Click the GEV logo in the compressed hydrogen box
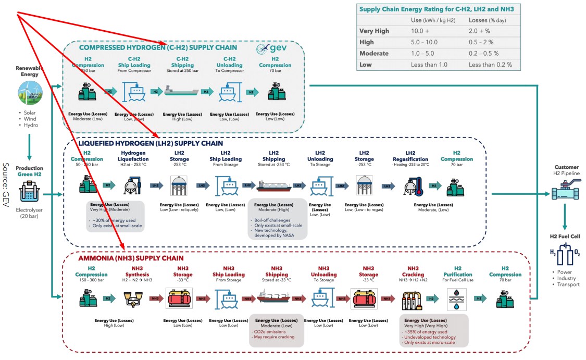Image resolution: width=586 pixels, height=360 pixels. (269, 48)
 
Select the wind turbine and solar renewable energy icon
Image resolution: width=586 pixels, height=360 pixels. (30, 93)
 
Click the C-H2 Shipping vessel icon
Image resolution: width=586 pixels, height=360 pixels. (181, 92)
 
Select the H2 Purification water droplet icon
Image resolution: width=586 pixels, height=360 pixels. (457, 299)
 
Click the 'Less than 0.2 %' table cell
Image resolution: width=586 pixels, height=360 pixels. (490, 65)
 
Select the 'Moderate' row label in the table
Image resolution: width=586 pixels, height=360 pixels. (374, 53)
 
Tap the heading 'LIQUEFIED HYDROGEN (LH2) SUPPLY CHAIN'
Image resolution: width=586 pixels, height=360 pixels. (151, 143)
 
